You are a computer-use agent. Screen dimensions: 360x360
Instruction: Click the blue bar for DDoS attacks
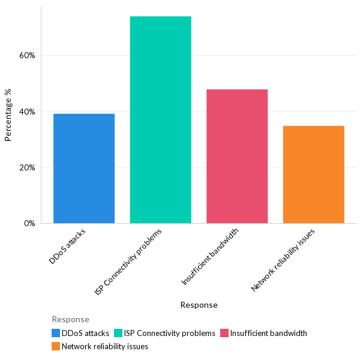coord(84,169)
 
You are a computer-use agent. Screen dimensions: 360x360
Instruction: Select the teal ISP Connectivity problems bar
coord(160,120)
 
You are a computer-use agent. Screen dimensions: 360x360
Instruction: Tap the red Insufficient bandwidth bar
coord(237,157)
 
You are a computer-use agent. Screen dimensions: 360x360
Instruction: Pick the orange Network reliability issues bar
coord(313,175)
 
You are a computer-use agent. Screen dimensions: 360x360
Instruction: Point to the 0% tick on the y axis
coord(29,224)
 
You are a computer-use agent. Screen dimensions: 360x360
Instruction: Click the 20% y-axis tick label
coord(27,167)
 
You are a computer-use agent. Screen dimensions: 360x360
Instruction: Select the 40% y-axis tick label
coord(27,112)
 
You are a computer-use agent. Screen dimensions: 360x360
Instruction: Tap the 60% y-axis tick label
coord(27,55)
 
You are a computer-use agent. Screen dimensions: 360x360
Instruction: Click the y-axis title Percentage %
coord(8,115)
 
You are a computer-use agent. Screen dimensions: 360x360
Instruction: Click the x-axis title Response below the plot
coord(199,305)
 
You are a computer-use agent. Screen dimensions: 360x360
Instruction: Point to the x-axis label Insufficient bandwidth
coord(210,256)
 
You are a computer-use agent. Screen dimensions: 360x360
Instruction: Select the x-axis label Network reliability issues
coord(283,259)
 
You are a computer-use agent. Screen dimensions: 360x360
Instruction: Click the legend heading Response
coord(70,319)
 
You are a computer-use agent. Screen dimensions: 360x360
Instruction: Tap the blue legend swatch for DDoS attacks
coord(56,333)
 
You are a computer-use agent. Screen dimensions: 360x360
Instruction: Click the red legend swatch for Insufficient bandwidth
coord(224,333)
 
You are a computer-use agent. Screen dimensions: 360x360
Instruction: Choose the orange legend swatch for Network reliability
coord(56,346)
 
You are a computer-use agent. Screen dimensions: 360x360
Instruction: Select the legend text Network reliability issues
coord(105,346)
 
